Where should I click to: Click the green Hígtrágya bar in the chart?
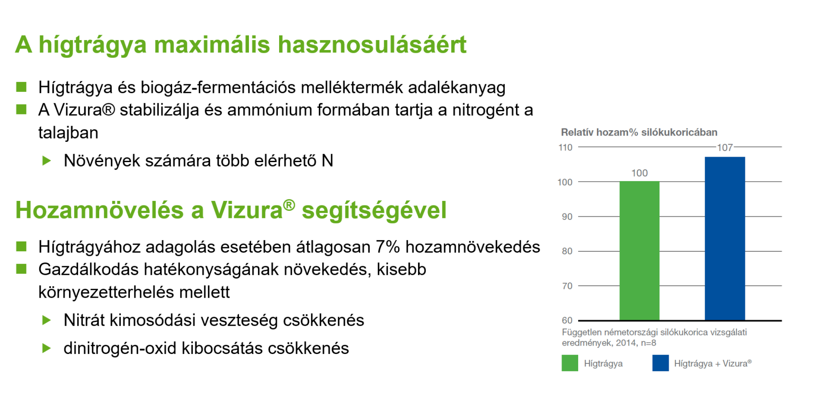pos(639,251)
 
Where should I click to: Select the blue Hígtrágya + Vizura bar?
pos(725,239)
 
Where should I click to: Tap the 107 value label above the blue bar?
pos(725,148)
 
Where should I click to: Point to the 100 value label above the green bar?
pos(639,173)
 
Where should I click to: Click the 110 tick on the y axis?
pos(565,147)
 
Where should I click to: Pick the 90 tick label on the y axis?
pos(567,217)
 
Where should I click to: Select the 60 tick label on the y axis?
pos(567,320)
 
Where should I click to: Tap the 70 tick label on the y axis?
pos(567,286)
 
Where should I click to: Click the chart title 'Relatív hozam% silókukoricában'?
pos(639,132)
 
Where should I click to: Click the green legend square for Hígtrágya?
pos(570,363)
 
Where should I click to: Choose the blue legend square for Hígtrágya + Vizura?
pos(660,363)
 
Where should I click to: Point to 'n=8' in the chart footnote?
pos(648,343)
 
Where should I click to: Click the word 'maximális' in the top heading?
pos(212,44)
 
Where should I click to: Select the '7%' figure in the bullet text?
pos(388,247)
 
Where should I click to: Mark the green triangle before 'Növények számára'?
pos(47,160)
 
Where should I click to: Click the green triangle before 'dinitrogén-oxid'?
pos(47,348)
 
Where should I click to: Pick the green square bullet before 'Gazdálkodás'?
pos(21,269)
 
